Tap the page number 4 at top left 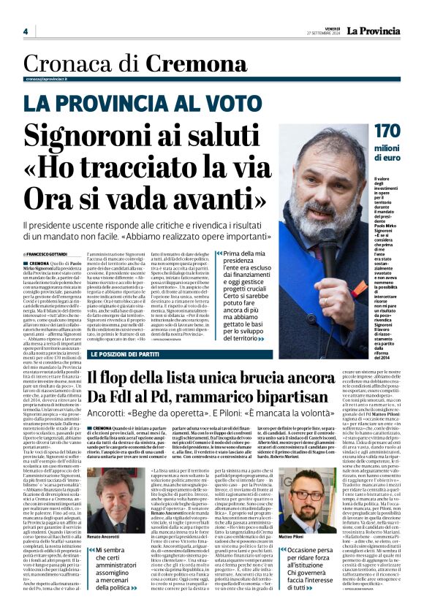(x=26, y=31)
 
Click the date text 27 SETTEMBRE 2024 (x=324, y=34)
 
